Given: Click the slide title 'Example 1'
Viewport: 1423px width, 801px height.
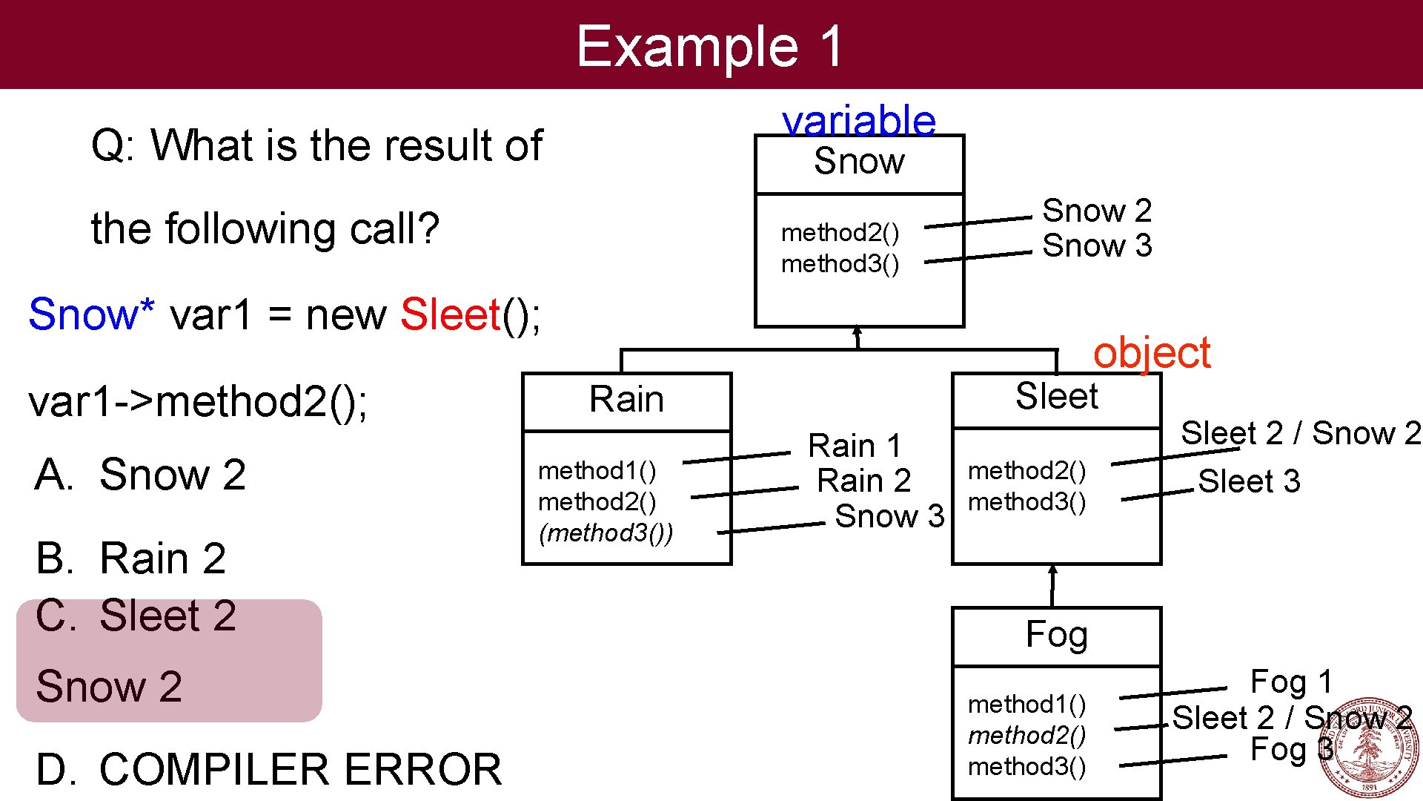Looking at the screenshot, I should [709, 46].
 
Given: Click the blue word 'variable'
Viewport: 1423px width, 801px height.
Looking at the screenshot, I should [859, 121].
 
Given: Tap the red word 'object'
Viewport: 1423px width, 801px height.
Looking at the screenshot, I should [1151, 352].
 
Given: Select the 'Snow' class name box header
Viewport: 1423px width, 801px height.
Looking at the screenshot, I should [859, 162].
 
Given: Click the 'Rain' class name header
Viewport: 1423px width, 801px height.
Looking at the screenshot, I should [626, 400].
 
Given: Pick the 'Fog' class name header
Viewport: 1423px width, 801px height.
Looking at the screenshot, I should [1056, 635].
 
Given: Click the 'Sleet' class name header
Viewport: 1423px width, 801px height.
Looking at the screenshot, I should [1056, 397].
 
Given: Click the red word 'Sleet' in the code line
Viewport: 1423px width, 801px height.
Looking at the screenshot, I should [451, 314].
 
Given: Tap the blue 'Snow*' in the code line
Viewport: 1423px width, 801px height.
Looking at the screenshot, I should [91, 314].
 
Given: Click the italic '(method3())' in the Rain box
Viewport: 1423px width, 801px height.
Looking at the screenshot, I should [606, 533].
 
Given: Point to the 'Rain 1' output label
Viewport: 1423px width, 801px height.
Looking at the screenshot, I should [854, 446].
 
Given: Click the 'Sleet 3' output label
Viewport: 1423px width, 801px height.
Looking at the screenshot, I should [1249, 481].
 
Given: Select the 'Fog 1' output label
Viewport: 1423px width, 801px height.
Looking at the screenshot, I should [1291, 682].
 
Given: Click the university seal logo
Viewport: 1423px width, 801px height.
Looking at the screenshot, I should [1368, 748].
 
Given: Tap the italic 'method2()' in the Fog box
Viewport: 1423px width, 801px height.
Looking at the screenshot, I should [1026, 736].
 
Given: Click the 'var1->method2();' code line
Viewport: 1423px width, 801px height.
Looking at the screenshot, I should [198, 402].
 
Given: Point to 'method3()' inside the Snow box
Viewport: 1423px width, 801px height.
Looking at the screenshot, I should [840, 264].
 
